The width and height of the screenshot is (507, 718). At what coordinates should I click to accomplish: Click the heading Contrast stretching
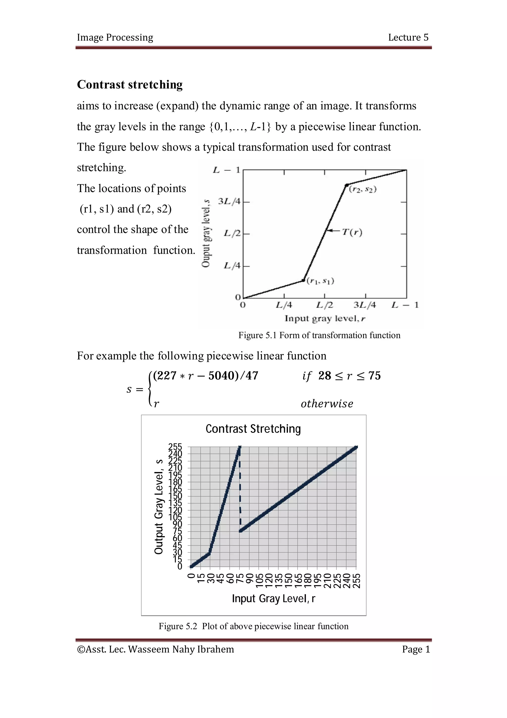130,85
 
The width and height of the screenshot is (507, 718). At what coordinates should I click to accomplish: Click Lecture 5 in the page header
408,37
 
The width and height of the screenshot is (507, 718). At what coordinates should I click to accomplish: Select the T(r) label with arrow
352,232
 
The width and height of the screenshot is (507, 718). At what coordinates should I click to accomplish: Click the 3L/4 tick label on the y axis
229,201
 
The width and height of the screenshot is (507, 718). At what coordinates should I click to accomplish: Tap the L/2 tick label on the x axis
324,305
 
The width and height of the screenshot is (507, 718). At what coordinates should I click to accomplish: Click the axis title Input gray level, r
325,318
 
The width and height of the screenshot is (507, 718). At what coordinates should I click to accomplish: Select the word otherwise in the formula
327,404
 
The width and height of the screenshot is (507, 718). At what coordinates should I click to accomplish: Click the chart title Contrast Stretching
253,429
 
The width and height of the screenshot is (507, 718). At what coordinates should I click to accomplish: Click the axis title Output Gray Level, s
159,507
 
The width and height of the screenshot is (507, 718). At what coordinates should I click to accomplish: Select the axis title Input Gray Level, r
273,599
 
